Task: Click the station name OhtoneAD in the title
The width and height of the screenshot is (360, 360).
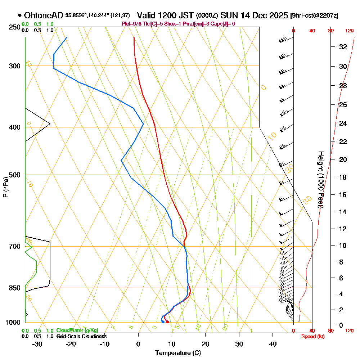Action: [x=44, y=15]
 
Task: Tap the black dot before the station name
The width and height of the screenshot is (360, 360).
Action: [x=19, y=15]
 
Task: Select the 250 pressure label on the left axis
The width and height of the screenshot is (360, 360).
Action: [x=13, y=27]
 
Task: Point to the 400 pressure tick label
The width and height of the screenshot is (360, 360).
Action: [x=13, y=127]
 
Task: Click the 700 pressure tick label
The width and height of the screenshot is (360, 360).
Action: [x=13, y=247]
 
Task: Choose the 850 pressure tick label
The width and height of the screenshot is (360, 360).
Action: [x=13, y=288]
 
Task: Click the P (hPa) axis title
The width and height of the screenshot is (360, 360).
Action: [x=5, y=187]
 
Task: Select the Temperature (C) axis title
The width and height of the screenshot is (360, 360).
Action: [x=178, y=353]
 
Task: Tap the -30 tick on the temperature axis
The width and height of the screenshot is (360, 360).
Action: [x=37, y=344]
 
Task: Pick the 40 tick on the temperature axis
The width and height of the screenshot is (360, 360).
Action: [x=273, y=344]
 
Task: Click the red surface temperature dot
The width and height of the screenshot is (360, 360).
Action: [x=167, y=322]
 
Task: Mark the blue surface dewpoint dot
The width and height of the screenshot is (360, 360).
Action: [x=163, y=322]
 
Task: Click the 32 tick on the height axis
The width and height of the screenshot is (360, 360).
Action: [x=343, y=47]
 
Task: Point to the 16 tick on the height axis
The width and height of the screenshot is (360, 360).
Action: [x=343, y=195]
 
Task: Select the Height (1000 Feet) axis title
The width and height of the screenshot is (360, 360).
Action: [x=320, y=180]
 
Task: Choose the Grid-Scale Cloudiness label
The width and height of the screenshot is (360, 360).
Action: [x=81, y=336]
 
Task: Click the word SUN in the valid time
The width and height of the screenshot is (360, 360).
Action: [x=228, y=15]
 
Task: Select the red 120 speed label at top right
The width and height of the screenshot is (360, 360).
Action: [x=350, y=31]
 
